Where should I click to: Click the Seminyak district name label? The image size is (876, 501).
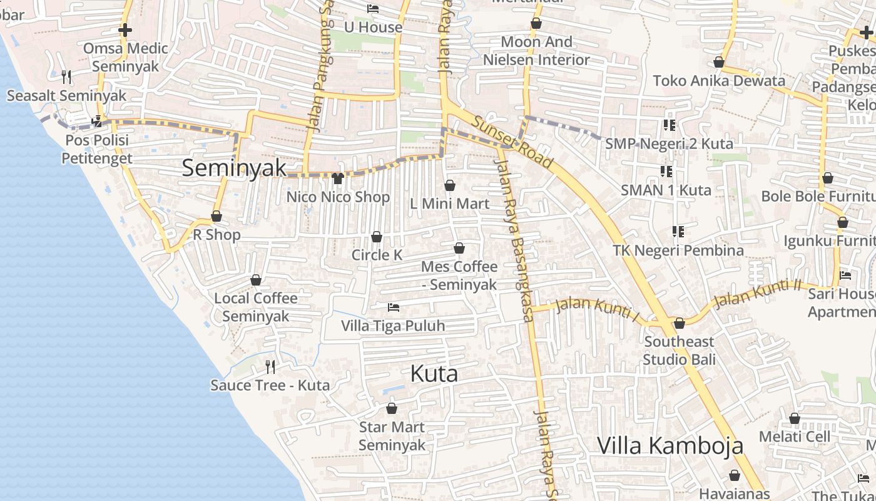tap(234, 168)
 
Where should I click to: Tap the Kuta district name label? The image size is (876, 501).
tap(434, 374)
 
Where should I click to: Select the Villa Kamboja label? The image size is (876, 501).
tap(670, 445)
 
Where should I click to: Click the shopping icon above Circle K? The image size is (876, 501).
tap(377, 237)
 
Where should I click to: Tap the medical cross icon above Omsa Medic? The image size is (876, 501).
tap(125, 30)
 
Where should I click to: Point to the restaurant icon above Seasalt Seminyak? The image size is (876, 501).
tap(66, 77)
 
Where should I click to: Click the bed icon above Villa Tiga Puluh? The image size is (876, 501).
tap(393, 307)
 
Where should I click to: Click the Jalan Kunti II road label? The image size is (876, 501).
tap(758, 294)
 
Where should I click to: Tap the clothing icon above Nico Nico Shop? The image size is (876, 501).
tap(338, 178)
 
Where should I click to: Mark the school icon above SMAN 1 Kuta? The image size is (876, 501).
tap(666, 171)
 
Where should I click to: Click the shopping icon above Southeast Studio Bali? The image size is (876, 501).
tap(680, 323)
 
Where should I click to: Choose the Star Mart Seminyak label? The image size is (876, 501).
tap(392, 436)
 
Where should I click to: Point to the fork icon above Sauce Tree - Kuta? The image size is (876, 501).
tap(270, 366)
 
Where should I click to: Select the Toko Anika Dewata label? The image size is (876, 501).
tap(719, 81)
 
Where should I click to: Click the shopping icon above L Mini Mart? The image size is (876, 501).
tap(449, 185)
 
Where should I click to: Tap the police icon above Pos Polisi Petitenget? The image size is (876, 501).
tap(96, 121)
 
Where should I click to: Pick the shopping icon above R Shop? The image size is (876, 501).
tap(216, 217)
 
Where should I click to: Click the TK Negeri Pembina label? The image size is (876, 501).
tap(678, 250)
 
